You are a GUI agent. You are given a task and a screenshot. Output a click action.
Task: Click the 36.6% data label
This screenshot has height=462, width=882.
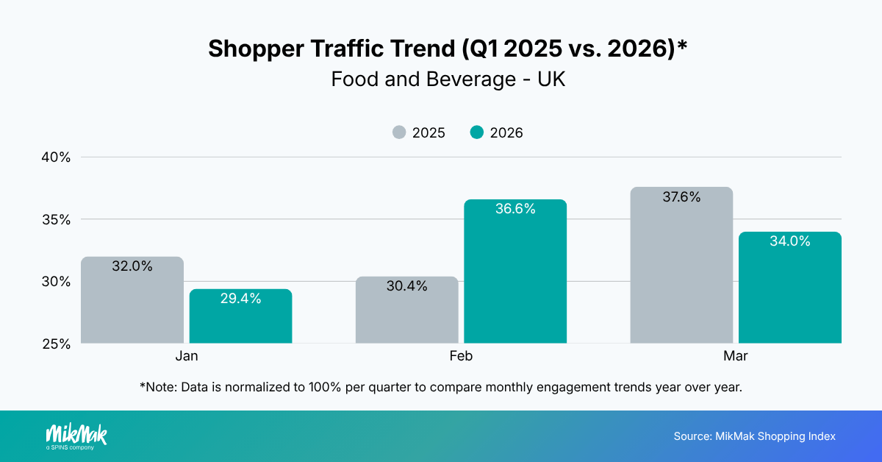click(515, 209)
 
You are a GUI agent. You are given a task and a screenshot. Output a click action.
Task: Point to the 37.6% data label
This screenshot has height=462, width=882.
click(681, 197)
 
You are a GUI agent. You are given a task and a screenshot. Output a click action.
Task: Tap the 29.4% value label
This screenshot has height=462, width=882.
click(240, 299)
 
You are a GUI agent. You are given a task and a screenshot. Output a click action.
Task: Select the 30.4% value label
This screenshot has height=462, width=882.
click(406, 286)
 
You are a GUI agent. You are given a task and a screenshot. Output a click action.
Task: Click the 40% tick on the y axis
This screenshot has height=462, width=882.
click(55, 157)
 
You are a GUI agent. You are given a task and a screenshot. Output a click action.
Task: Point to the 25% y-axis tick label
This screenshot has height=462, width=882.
click(55, 344)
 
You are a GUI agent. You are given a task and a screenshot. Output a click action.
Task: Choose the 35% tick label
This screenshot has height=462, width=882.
click(55, 219)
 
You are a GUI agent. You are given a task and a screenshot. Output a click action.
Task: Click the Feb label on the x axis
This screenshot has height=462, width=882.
click(461, 356)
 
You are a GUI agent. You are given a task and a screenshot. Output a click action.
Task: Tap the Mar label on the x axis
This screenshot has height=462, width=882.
click(736, 356)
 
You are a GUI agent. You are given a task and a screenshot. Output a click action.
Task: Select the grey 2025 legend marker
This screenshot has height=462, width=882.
click(399, 133)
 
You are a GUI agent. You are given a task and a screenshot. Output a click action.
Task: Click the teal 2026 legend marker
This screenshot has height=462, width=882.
click(477, 133)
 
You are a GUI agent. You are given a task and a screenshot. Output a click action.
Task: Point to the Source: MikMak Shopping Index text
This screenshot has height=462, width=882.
click(755, 436)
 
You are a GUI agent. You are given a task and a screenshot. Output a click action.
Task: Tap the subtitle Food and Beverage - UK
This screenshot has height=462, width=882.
click(448, 79)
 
